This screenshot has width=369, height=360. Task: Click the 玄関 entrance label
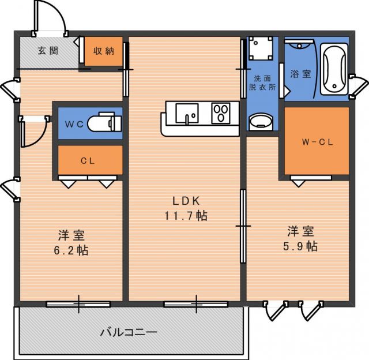pyautogui.click(x=48, y=51)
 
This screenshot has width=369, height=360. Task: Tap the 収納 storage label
pyautogui.click(x=104, y=51)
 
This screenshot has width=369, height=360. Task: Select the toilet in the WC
pyautogui.click(x=105, y=122)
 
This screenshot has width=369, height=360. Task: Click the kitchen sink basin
pyautogui.click(x=187, y=113)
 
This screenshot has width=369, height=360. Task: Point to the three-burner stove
pyautogui.click(x=221, y=113)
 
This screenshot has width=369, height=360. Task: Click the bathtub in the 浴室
pyautogui.click(x=334, y=69)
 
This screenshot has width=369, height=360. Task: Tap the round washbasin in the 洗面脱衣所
pyautogui.click(x=261, y=122)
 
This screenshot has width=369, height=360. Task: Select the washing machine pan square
pyautogui.click(x=261, y=48)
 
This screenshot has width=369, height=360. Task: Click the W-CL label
pyautogui.click(x=318, y=142)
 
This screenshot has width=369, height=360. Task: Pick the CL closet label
pyautogui.click(x=88, y=161)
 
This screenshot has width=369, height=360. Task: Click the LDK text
pyautogui.click(x=186, y=201)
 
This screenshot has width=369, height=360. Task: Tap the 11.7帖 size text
pyautogui.click(x=186, y=216)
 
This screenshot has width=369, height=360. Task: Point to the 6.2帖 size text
pyautogui.click(x=71, y=250)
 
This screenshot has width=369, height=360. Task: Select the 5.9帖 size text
pyautogui.click(x=300, y=246)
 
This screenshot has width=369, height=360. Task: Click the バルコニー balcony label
pyautogui.click(x=129, y=332)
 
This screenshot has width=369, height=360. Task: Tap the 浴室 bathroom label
pyautogui.click(x=300, y=74)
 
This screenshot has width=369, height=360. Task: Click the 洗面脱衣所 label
pyautogui.click(x=262, y=82)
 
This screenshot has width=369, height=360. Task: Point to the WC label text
pyautogui.click(x=74, y=124)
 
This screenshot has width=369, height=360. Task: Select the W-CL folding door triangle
pyautogui.click(x=299, y=183)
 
